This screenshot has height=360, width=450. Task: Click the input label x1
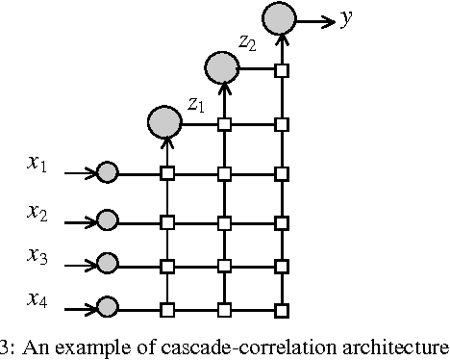click(37, 165)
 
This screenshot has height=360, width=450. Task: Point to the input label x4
click(37, 300)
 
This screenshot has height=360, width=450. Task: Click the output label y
click(345, 20)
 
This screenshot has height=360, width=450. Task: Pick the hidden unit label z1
click(195, 103)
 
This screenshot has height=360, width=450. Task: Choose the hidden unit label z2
click(248, 42)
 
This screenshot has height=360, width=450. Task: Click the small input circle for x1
click(107, 173)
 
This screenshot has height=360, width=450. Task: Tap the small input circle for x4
click(107, 309)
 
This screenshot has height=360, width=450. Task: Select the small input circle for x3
click(107, 264)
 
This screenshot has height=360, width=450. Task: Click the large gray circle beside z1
click(164, 121)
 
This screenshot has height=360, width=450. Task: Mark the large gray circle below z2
click(222, 67)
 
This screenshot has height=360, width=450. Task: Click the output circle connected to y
click(279, 18)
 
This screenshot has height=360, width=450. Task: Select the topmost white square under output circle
click(282, 70)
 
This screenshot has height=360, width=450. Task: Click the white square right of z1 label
click(224, 123)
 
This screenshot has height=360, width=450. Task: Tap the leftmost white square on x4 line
click(166, 309)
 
